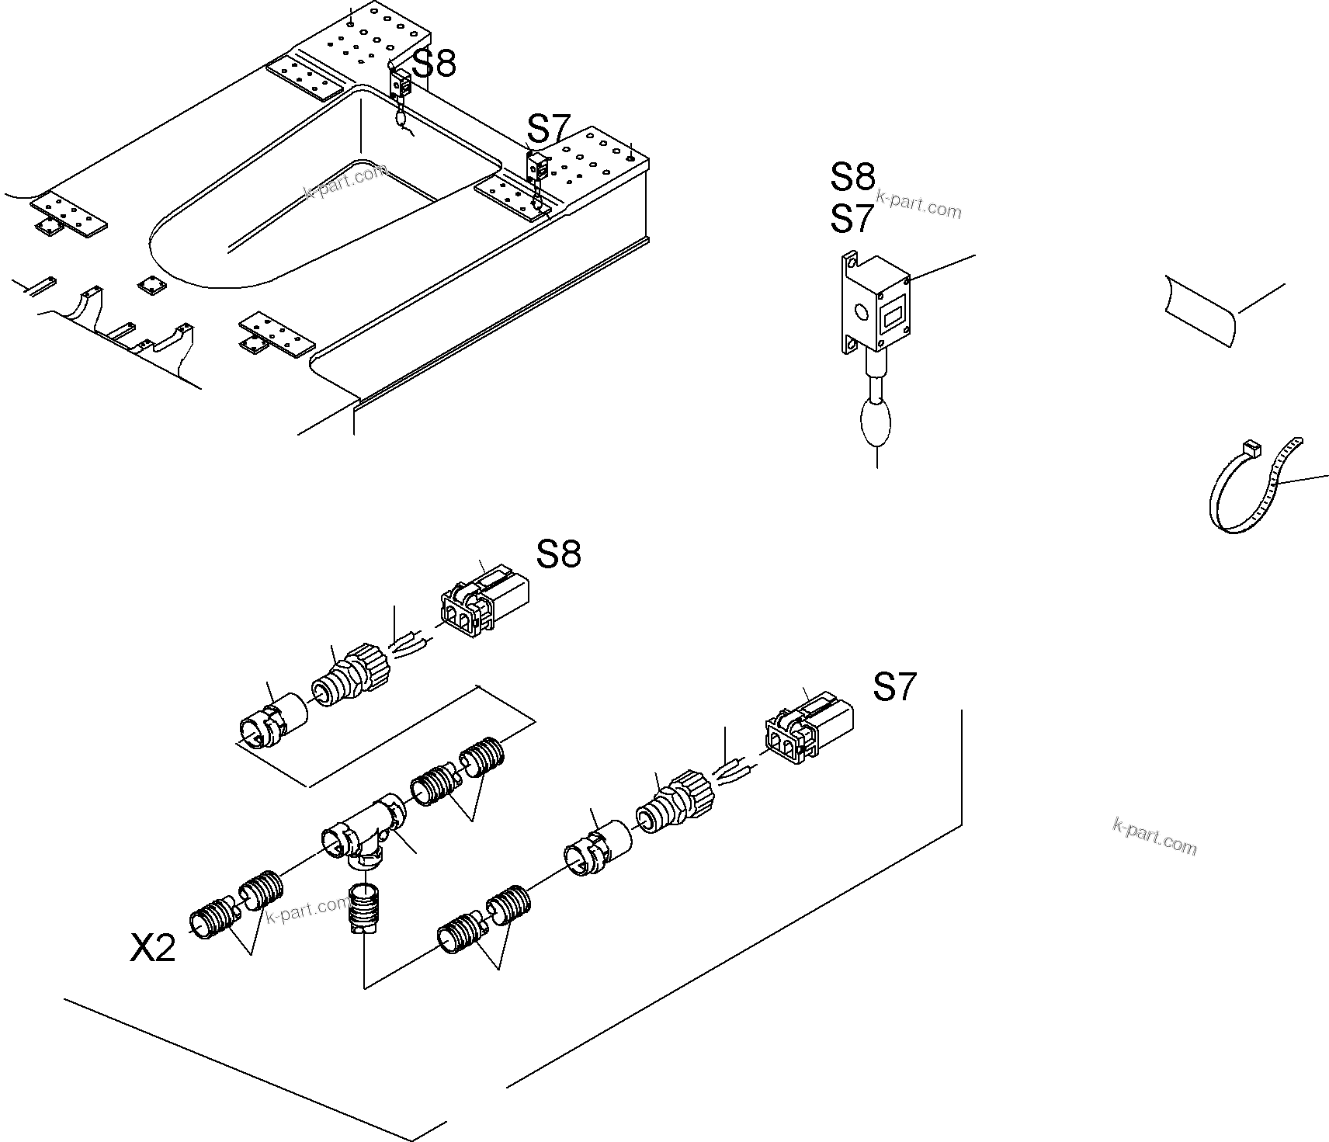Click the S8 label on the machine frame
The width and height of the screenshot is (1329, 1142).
tap(434, 64)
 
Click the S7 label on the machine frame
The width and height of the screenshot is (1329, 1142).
tap(549, 128)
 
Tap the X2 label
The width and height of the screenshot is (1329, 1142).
tap(153, 948)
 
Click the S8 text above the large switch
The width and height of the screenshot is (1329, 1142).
tap(852, 178)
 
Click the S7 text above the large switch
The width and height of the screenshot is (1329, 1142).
tap(852, 219)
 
